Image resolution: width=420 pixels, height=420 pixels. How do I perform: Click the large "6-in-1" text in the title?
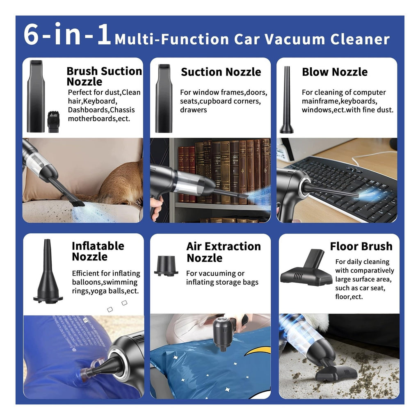tap(67, 34)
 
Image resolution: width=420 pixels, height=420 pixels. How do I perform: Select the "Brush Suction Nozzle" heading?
tap(104, 76)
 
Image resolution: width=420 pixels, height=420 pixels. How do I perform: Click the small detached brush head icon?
tap(54, 122)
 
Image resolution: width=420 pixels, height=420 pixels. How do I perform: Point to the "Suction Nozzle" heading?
tap(221, 72)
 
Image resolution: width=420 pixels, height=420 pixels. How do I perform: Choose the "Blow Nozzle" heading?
tap(335, 72)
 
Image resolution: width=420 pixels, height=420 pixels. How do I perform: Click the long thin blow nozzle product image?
tap(287, 100)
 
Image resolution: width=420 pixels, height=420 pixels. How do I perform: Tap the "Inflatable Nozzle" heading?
tap(98, 251)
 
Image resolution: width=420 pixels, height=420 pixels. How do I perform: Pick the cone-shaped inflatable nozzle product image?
tap(48, 271)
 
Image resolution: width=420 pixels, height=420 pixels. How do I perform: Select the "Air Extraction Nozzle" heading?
tap(224, 252)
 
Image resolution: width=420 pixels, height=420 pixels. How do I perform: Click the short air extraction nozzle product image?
tap(166, 266)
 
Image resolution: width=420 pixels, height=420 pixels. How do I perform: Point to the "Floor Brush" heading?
tap(361, 246)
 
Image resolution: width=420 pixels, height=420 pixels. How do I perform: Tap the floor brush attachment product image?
tap(306, 267)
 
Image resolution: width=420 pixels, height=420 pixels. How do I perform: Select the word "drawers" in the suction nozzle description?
tap(194, 110)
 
